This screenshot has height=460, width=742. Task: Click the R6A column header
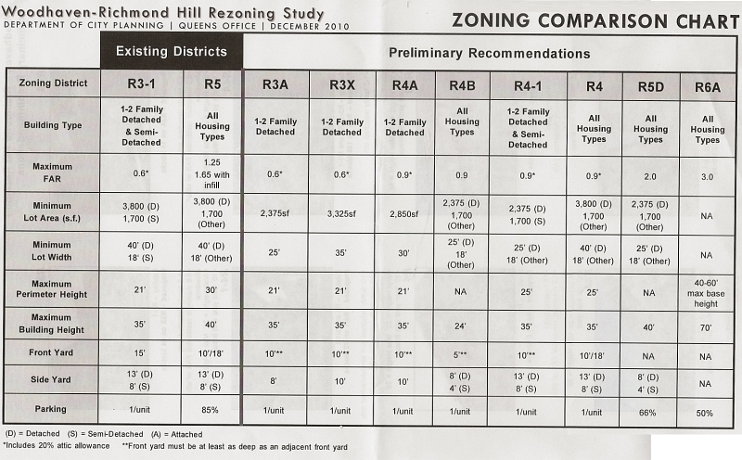pyautogui.click(x=708, y=87)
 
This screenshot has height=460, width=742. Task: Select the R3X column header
pyautogui.click(x=341, y=85)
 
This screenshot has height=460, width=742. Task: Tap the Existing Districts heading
pyautogui.click(x=172, y=52)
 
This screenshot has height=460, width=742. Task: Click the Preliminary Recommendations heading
pyautogui.click(x=490, y=54)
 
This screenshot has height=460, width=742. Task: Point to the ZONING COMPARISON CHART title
pyautogui.click(x=595, y=20)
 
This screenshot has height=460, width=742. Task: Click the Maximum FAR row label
pyautogui.click(x=52, y=172)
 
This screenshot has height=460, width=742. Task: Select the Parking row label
pyautogui.click(x=50, y=409)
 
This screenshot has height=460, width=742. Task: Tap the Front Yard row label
pyautogui.click(x=51, y=352)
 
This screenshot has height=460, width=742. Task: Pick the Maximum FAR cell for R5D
pyautogui.click(x=650, y=176)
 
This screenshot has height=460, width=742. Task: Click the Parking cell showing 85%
pyautogui.click(x=210, y=410)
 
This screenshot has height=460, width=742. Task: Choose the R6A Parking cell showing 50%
pyautogui.click(x=704, y=413)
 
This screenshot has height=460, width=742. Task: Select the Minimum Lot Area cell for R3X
pyautogui.click(x=341, y=214)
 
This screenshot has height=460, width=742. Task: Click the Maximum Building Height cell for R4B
pyautogui.click(x=460, y=326)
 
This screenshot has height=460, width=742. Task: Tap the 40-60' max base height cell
pyautogui.click(x=706, y=293)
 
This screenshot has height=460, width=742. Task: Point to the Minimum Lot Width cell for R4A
pyautogui.click(x=403, y=253)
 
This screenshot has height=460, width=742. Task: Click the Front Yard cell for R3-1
pyautogui.click(x=139, y=353)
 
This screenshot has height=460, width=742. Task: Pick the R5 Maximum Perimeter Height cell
pyautogui.click(x=211, y=289)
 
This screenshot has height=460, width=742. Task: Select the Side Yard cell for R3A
pyautogui.click(x=273, y=380)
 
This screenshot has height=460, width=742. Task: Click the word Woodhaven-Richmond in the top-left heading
pyautogui.click(x=85, y=12)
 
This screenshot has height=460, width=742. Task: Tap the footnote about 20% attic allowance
pyautogui.click(x=57, y=446)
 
